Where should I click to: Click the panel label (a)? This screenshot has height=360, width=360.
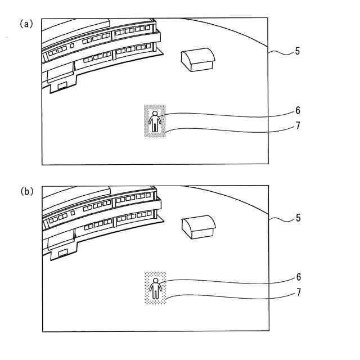27,24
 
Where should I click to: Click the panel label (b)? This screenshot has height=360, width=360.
27,191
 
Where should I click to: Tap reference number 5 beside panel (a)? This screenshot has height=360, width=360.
297,51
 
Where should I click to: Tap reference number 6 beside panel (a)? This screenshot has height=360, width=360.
298,110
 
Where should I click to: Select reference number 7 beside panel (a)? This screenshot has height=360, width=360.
298,125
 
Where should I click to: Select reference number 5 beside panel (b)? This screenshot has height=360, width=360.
298,218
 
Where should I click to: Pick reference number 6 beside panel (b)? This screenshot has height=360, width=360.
298,277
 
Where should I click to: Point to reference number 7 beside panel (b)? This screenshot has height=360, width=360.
298,292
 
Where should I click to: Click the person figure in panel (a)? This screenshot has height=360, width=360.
155,121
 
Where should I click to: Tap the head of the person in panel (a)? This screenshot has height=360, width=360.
155,114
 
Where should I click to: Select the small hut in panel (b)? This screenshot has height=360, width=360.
198,226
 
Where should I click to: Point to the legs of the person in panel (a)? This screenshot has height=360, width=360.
155,128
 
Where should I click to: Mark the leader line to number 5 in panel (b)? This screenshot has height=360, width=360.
280,219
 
